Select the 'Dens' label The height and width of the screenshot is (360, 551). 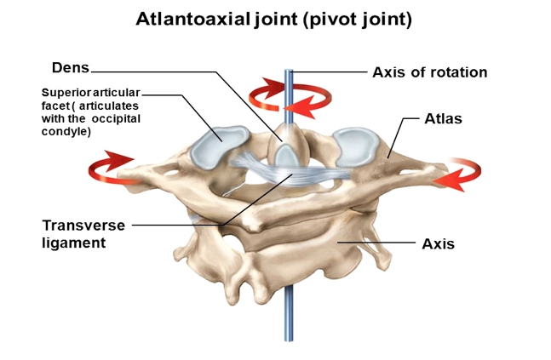tap(70, 67)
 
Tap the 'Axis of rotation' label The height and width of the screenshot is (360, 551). tap(429, 72)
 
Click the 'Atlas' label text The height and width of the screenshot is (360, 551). tap(442, 118)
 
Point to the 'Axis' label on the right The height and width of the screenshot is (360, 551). tap(438, 243)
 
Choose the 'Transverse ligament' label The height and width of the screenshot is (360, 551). tap(83, 234)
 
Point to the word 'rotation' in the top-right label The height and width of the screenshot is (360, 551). tap(459, 72)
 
